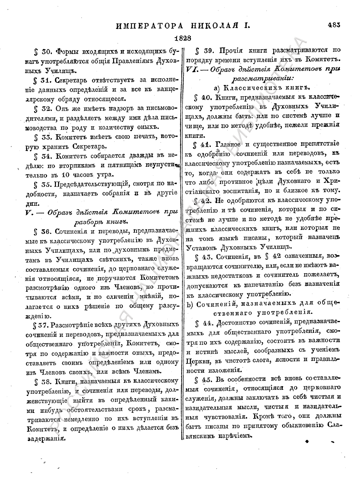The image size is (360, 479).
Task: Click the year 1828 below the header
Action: [183, 38]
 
